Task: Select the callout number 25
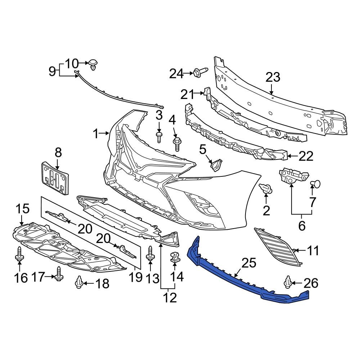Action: (x=249, y=263)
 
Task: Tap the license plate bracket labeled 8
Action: (x=54, y=178)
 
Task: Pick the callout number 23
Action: (x=273, y=77)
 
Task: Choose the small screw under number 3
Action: (x=159, y=137)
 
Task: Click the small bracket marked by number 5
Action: (x=216, y=165)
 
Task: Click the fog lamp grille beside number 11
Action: (x=277, y=247)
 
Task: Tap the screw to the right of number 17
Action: (x=59, y=274)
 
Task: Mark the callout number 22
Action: (x=306, y=156)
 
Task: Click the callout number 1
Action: (x=95, y=134)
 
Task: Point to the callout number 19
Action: (x=135, y=278)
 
